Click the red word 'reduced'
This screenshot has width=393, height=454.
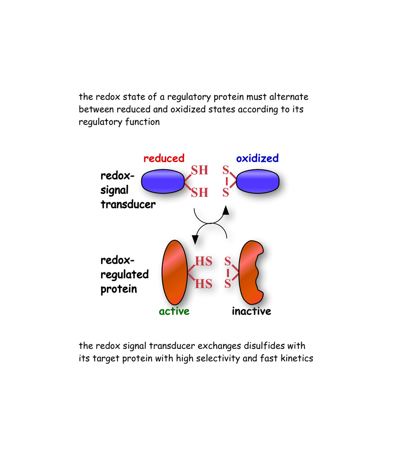164,158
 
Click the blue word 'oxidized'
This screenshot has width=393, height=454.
257,158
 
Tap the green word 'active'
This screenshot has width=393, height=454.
174,311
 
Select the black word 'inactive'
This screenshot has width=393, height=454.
251,311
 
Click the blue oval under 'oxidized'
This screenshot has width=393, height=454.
258,182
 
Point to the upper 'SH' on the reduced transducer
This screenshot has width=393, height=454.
200,170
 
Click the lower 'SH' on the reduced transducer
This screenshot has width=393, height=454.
200,193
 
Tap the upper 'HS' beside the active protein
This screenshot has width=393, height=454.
203,261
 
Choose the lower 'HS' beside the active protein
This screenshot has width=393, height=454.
203,284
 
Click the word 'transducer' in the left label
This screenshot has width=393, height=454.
128,205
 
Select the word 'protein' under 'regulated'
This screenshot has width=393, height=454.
119,289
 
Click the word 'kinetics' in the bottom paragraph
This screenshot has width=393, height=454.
296,359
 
